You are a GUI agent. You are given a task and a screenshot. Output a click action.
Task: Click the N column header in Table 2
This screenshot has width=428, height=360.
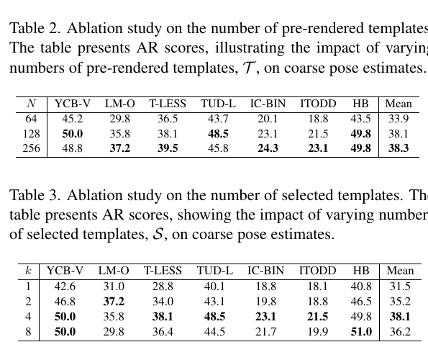click(32, 104)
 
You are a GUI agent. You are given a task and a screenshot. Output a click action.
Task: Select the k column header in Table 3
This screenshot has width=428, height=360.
click(28, 271)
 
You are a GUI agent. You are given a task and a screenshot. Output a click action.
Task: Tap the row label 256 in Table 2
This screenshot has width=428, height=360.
click(31, 148)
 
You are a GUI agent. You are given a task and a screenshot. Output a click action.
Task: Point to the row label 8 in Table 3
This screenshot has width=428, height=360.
click(28, 332)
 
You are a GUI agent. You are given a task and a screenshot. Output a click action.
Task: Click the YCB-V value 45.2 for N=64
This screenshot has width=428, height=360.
click(73, 119)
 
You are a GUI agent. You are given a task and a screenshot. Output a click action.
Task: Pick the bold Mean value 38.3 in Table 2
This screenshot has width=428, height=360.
click(399, 148)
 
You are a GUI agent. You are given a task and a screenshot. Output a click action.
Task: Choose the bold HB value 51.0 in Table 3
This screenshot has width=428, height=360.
click(361, 332)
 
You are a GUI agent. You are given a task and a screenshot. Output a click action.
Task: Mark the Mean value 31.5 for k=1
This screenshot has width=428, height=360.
click(400, 287)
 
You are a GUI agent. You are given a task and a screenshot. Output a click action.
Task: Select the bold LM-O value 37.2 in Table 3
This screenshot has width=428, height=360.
click(114, 302)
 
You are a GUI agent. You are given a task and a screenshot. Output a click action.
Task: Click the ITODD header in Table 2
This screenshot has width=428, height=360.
click(318, 104)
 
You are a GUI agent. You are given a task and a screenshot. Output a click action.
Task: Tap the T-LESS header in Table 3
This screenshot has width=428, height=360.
click(163, 271)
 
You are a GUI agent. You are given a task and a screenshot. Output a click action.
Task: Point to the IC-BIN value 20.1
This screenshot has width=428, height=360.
click(268, 119)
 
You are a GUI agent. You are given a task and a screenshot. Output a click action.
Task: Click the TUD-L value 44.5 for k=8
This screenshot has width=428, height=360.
click(214, 332)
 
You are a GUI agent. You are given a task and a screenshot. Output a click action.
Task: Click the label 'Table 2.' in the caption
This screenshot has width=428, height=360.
click(35, 28)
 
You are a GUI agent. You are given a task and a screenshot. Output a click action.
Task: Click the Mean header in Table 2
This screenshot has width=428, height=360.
click(399, 104)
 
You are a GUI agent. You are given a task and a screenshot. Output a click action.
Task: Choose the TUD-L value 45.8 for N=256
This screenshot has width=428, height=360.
click(218, 148)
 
